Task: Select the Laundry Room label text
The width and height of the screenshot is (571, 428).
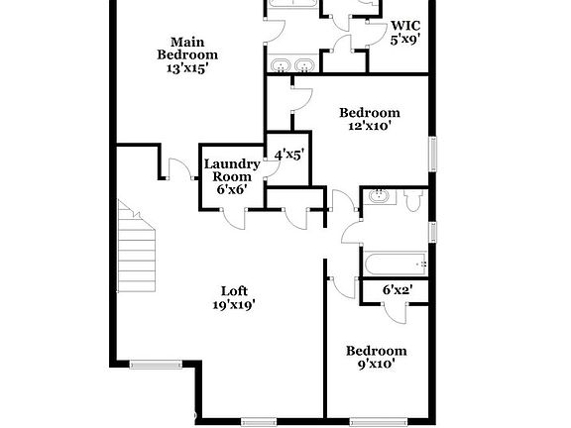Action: click(232, 169)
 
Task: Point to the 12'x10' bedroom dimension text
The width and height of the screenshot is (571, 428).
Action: click(369, 126)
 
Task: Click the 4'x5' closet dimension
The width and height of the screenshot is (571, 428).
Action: click(288, 154)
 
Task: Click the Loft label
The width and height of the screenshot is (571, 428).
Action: click(233, 290)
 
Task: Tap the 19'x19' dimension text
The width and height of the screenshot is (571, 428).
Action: click(233, 305)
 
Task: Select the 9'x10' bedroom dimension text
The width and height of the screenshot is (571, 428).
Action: click(375, 364)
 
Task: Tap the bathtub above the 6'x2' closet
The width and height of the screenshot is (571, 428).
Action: click(396, 265)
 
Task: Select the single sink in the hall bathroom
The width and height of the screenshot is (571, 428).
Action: click(378, 196)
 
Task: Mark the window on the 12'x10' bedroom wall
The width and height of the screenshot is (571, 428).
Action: click(432, 154)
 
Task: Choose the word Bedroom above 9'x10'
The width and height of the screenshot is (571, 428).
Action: click(376, 351)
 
